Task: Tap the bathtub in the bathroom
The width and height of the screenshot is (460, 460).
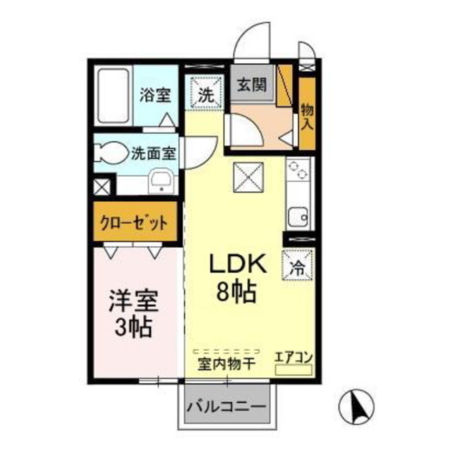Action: click(114, 96)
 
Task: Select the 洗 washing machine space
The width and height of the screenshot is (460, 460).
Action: click(206, 91)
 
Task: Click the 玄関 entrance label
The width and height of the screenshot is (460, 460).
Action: click(252, 85)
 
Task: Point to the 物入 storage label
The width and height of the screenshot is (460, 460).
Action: click(307, 116)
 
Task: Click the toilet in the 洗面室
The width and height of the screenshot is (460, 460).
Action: click(111, 153)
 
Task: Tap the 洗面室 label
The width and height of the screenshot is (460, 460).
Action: click(153, 153)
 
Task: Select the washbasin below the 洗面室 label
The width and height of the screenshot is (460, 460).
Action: click(161, 181)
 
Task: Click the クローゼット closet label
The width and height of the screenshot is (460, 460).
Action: click(134, 224)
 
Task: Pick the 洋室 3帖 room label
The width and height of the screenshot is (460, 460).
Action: click(134, 313)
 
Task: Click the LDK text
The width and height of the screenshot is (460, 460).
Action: click(237, 263)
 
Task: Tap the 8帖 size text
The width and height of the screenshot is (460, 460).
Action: click(236, 292)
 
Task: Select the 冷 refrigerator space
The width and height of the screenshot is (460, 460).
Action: click(297, 265)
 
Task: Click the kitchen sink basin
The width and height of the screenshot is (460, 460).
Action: click(298, 217)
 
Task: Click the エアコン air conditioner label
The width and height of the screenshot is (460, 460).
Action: click(293, 358)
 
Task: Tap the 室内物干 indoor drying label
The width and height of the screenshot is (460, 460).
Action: click(226, 364)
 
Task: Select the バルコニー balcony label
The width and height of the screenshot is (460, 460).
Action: click(226, 407)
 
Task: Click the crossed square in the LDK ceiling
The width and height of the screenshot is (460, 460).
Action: click(248, 178)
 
